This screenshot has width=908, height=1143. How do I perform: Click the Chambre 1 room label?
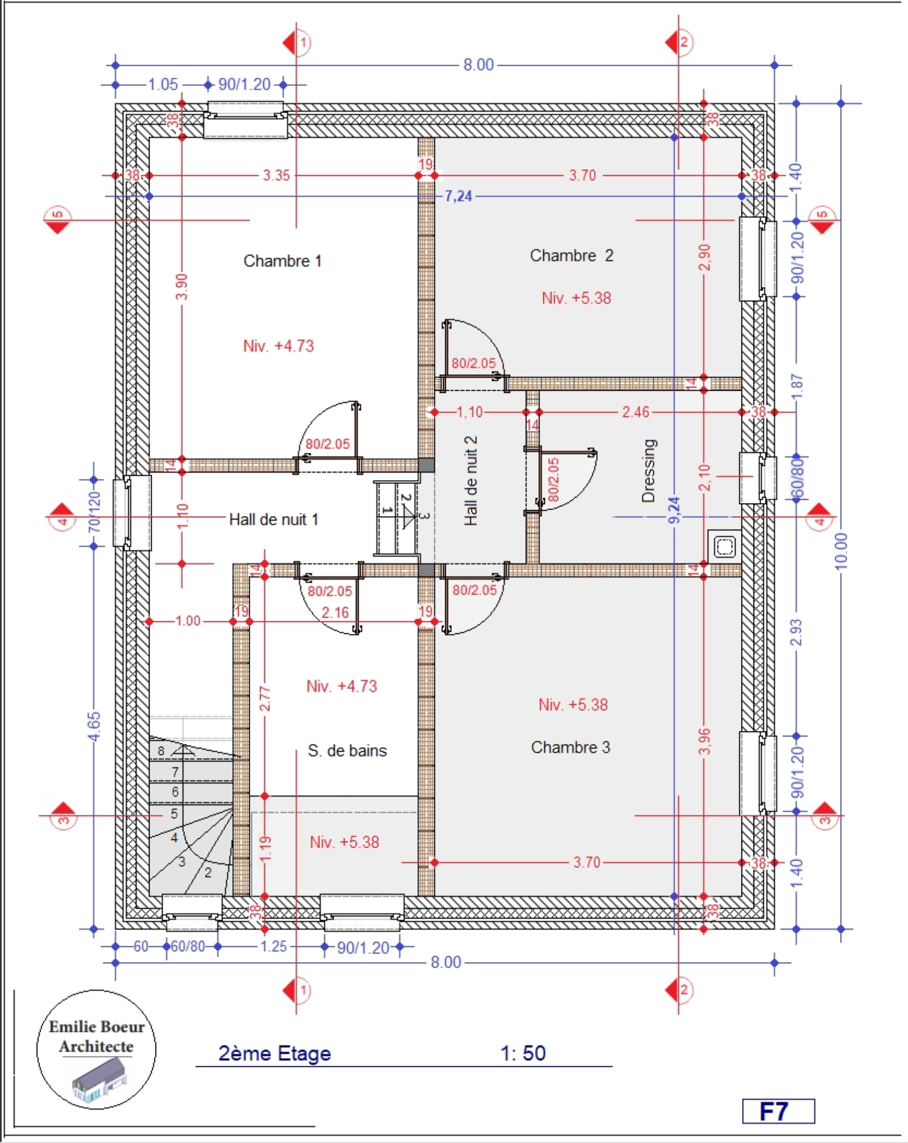[282, 261]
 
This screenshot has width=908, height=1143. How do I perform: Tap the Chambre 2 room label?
[571, 255]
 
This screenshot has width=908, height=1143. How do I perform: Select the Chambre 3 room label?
[570, 747]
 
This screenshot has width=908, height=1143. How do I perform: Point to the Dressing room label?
[648, 470]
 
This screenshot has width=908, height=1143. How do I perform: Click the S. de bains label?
[347, 750]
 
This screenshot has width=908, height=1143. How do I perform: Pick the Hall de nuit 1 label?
[273, 519]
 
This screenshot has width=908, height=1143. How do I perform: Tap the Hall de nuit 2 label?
[470, 481]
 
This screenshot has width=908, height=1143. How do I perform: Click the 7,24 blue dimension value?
[458, 196]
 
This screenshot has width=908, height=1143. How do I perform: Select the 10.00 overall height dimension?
[841, 551]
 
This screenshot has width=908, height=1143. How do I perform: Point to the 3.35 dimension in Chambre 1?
[276, 175]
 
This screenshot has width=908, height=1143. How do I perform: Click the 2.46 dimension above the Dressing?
[635, 412]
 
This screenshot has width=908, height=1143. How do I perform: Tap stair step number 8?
[161, 751]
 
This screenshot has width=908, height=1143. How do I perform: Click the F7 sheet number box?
[778, 1111]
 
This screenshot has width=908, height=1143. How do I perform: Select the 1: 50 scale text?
[523, 1053]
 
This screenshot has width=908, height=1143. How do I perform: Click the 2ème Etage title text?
[274, 1053]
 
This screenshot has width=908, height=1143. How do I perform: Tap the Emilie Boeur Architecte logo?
[96, 1049]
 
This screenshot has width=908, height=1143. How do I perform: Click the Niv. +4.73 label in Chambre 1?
[279, 346]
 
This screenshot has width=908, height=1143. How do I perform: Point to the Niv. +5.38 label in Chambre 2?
[576, 298]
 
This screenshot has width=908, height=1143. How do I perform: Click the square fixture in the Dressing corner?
[725, 546]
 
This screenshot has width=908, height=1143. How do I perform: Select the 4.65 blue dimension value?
[94, 726]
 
